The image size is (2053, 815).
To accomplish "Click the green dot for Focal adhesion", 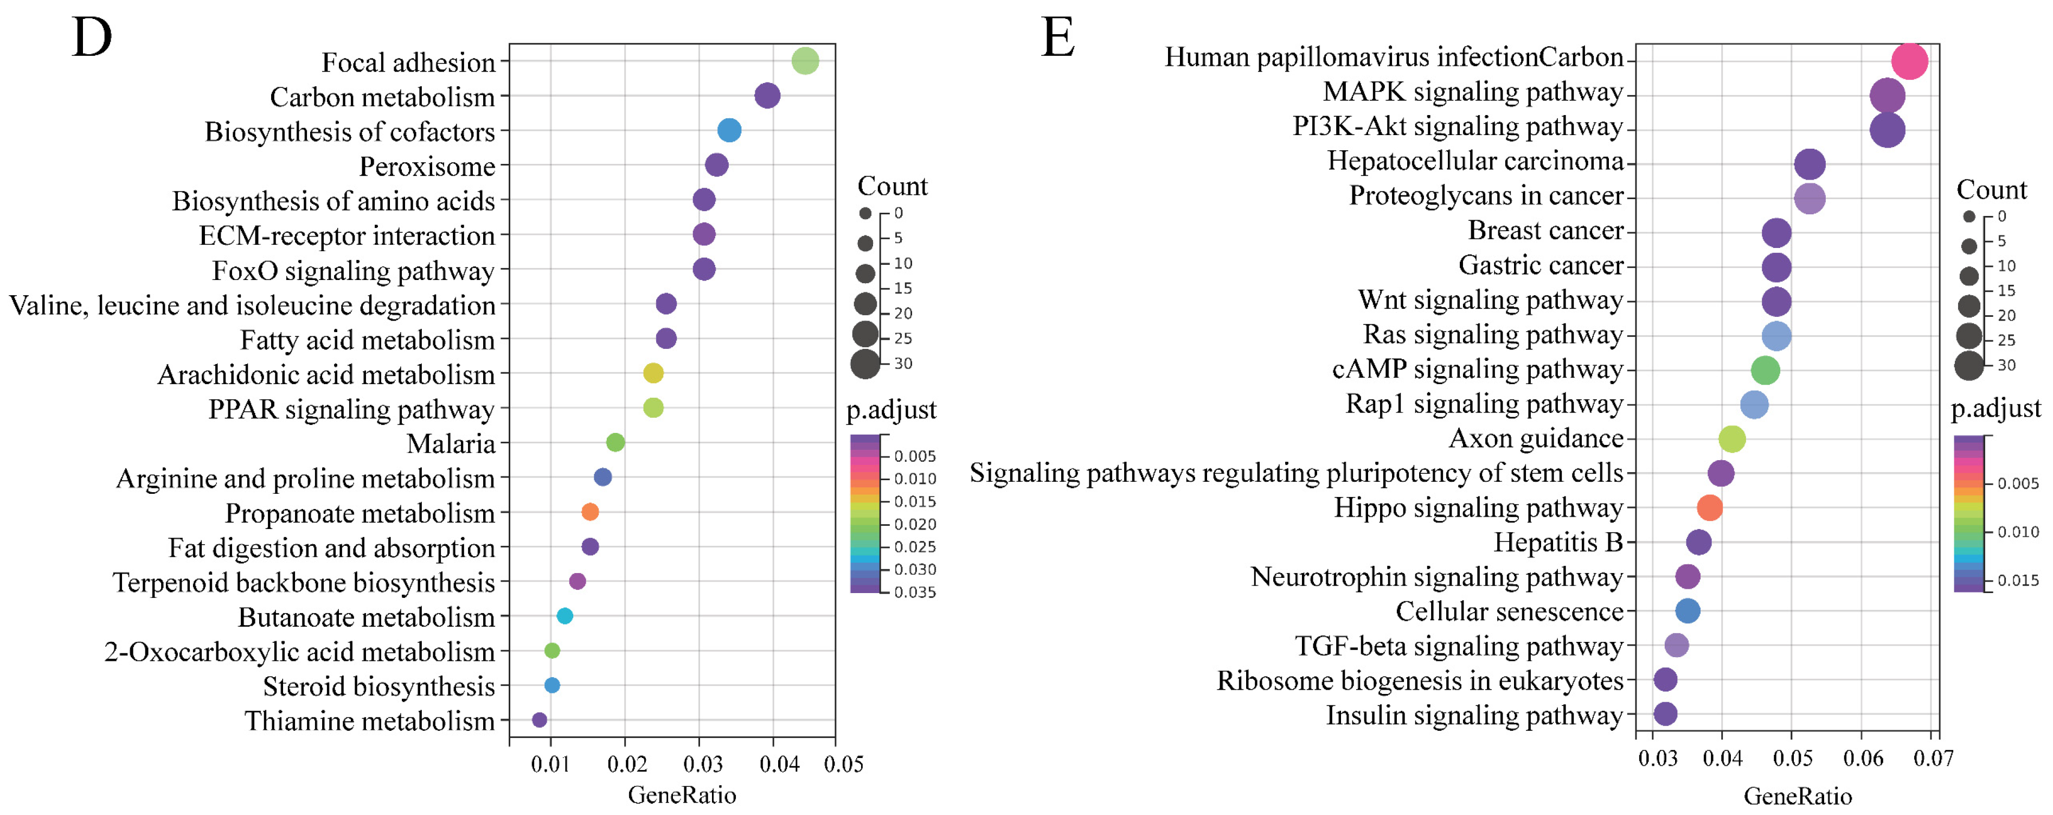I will [805, 61].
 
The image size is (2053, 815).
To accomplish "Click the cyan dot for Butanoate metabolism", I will [564, 616].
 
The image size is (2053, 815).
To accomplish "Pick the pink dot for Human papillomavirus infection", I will [1909, 61].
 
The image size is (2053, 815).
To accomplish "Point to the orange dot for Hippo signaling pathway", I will [1710, 507].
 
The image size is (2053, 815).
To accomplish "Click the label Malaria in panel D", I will [451, 443].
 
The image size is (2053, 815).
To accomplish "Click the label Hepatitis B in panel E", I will [1557, 542].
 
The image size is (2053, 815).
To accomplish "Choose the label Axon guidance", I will [1535, 438].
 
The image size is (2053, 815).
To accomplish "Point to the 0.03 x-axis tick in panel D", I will [702, 764].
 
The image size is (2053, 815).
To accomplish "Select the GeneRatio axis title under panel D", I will [682, 795].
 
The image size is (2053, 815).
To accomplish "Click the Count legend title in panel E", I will [1991, 190].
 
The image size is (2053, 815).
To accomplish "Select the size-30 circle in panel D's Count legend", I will [865, 364].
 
